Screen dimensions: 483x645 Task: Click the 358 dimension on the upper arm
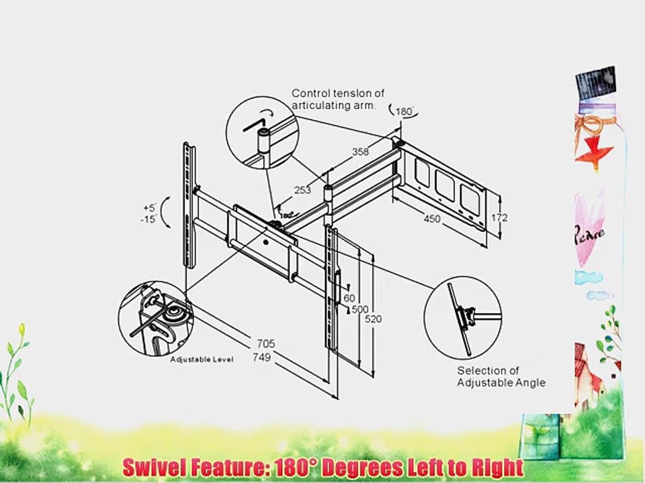pyautogui.click(x=361, y=152)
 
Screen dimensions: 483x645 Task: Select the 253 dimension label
pyautogui.click(x=302, y=190)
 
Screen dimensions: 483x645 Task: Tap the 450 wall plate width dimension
pyautogui.click(x=431, y=218)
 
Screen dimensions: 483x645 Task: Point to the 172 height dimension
pyautogui.click(x=499, y=218)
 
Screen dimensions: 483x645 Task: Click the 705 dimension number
pyautogui.click(x=265, y=344)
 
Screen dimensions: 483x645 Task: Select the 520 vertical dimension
pyautogui.click(x=373, y=319)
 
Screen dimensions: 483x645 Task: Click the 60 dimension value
pyautogui.click(x=349, y=297)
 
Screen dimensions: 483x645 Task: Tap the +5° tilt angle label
pyautogui.click(x=150, y=207)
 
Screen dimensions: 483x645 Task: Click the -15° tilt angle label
pyautogui.click(x=150, y=219)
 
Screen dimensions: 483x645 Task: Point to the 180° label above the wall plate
pyautogui.click(x=403, y=112)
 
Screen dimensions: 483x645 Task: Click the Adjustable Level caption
pyautogui.click(x=201, y=360)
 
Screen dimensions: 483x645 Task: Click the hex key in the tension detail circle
pyautogui.click(x=254, y=125)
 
